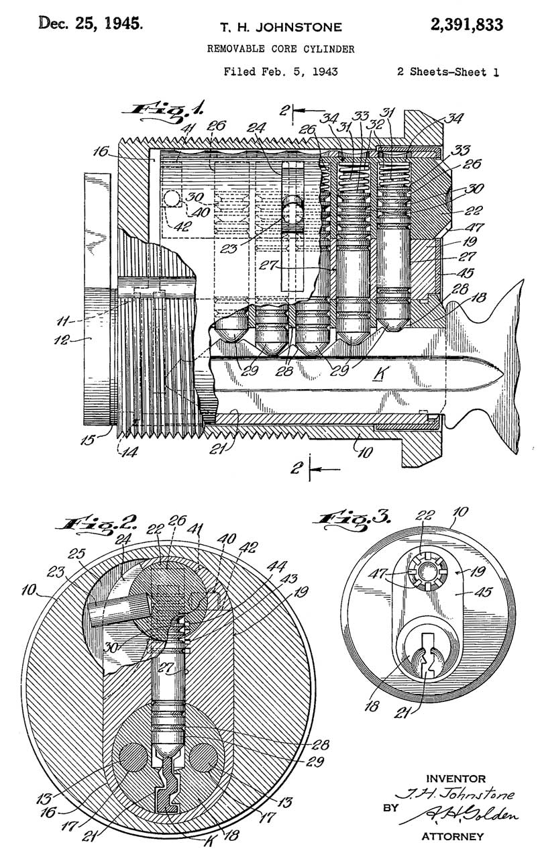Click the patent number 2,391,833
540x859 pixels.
coord(466,26)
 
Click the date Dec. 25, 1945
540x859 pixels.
coord(91,23)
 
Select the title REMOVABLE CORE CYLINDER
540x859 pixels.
coord(281,49)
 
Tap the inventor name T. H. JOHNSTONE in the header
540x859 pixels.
coord(281,28)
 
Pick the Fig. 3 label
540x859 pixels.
coord(352,519)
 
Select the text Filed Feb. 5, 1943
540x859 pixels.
coord(280,72)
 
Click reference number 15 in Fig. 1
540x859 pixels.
coord(89,440)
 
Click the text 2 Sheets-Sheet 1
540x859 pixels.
coord(447,72)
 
